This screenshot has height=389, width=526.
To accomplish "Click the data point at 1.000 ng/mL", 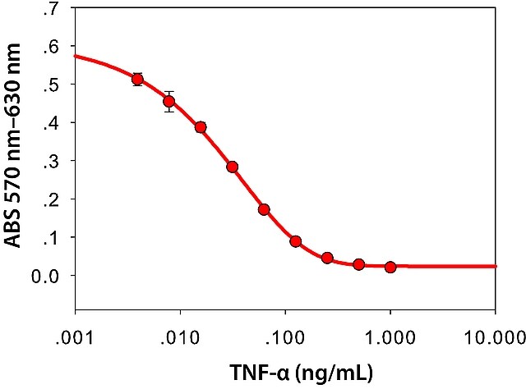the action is tap(390, 268).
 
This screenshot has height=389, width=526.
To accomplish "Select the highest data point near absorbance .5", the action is tap(137, 80).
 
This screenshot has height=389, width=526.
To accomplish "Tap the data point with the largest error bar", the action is tap(169, 101).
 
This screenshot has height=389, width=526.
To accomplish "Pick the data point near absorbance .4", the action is tap(201, 127).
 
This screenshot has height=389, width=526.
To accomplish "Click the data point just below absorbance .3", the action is tap(232, 167).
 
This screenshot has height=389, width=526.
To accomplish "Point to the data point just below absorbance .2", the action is tap(264, 210).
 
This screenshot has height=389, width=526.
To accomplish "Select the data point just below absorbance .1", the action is tap(296, 241).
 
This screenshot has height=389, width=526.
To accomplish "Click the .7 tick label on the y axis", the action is tap(51, 11).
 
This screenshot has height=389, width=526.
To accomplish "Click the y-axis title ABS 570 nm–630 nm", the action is tap(13, 145).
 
